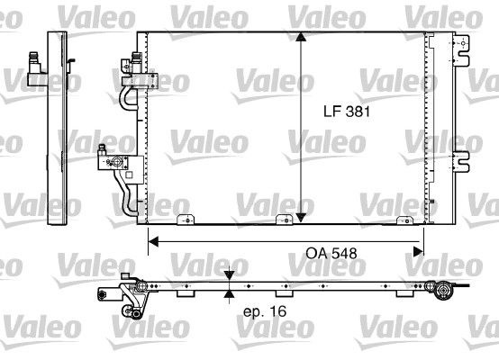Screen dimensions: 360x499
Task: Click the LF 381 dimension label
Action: (x=347, y=112)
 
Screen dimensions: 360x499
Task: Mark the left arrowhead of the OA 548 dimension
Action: (x=153, y=241)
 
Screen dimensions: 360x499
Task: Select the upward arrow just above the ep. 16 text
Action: (x=231, y=294)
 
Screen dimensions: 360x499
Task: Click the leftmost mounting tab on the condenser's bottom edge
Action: (x=186, y=219)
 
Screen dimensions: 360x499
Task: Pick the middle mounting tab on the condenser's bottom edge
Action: (x=279, y=219)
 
